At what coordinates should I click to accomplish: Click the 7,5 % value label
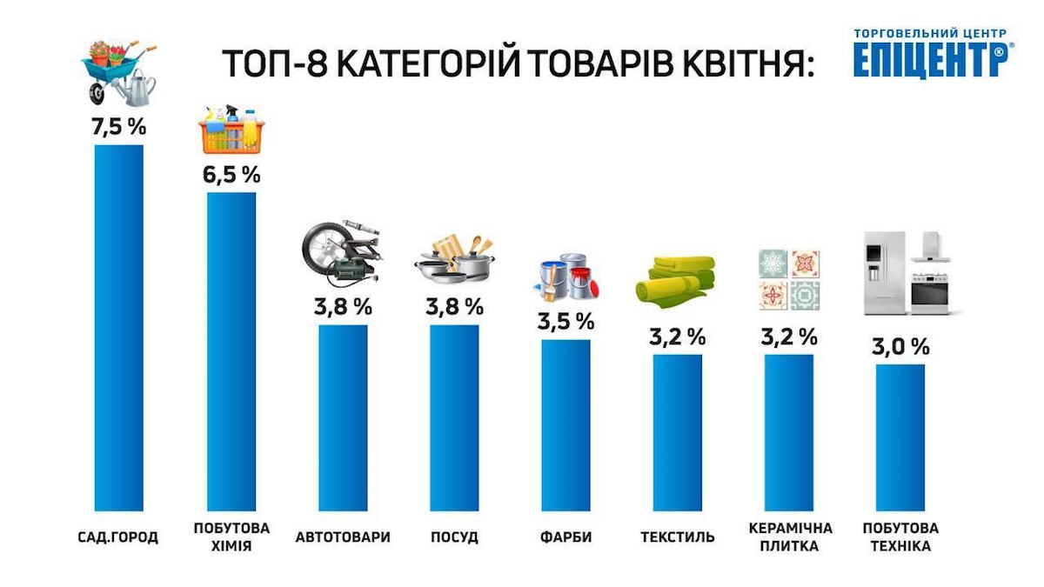click(118, 126)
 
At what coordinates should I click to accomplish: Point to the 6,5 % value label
click(231, 174)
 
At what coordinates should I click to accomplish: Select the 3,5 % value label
click(565, 321)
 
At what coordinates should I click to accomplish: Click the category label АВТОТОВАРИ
click(343, 537)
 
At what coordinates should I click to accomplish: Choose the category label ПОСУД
click(454, 537)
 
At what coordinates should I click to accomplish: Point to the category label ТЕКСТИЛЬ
click(678, 537)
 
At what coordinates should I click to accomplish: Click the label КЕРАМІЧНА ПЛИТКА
click(790, 537)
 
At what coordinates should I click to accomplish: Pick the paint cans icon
click(567, 277)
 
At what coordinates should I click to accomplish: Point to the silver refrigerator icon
click(883, 272)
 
